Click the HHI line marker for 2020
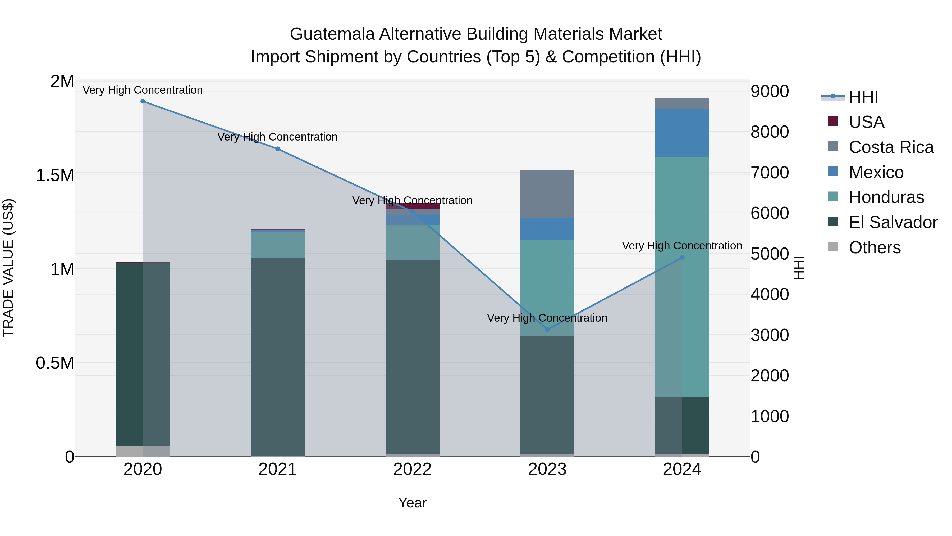[143, 101]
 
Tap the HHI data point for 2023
[547, 329]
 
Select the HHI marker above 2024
[682, 258]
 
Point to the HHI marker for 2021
[278, 149]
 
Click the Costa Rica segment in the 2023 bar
[547, 194]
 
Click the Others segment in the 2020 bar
[143, 451]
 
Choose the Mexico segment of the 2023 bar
[547, 229]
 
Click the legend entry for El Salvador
[893, 222]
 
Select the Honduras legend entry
[886, 197]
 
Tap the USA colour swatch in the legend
[833, 121]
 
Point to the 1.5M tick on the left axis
[55, 175]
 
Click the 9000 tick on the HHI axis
[770, 91]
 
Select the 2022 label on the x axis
[413, 469]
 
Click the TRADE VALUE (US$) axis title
[8, 268]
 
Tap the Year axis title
[413, 503]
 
